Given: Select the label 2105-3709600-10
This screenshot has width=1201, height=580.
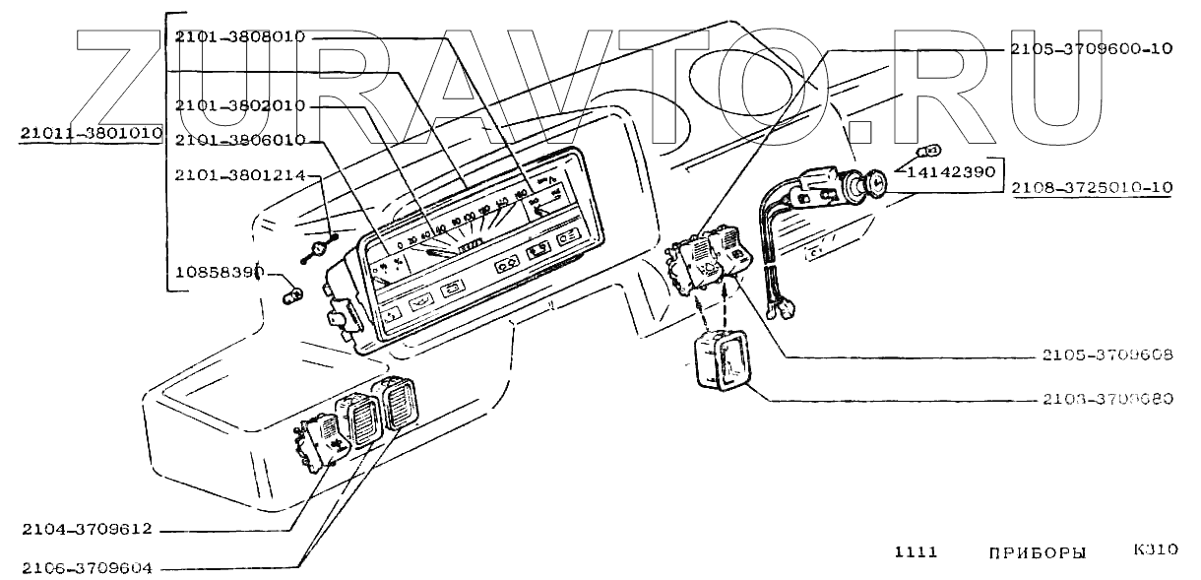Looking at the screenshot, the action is click(x=1092, y=47).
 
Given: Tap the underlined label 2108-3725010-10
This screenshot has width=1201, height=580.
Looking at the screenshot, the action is click(x=1092, y=186).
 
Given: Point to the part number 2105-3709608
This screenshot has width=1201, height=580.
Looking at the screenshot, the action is click(x=1106, y=354).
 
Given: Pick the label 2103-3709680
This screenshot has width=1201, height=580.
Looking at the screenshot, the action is click(x=1106, y=400).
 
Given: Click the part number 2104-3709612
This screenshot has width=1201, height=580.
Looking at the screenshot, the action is click(x=88, y=529).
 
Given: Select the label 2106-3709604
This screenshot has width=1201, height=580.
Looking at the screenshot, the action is click(x=88, y=568).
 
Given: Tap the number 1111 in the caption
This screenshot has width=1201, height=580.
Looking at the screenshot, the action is click(x=916, y=552).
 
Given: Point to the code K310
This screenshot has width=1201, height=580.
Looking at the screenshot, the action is click(x=1156, y=549).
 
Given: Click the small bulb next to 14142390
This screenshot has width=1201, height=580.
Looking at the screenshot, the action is click(x=928, y=151).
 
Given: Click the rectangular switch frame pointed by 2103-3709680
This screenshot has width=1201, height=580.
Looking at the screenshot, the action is click(x=721, y=363).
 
